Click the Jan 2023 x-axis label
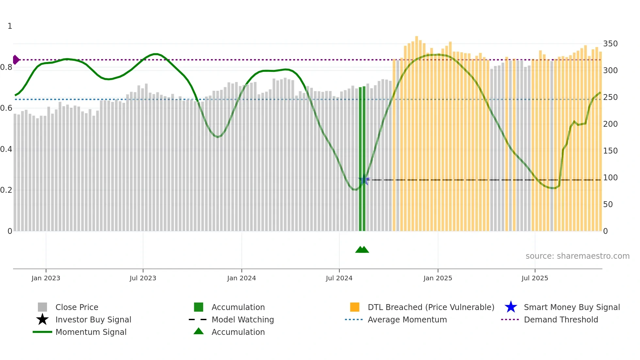pyautogui.click(x=46, y=278)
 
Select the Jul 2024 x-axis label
pyautogui.click(x=339, y=278)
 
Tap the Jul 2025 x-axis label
pyautogui.click(x=535, y=278)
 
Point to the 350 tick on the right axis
pyautogui.click(x=610, y=44)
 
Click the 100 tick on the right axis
pyautogui.click(x=610, y=178)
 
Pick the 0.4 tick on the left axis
pyautogui.click(x=6, y=149)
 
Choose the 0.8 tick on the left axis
pyautogui.click(x=6, y=67)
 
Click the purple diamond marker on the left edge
pyautogui.click(x=15, y=60)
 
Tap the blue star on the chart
pyautogui.click(x=364, y=180)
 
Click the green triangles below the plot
pyautogui.click(x=362, y=250)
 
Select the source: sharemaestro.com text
pyautogui.click(x=577, y=256)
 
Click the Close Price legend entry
pyautogui.click(x=77, y=307)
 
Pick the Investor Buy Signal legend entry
pyautogui.click(x=93, y=319)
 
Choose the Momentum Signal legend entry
pyautogui.click(x=91, y=332)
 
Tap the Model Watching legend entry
pyautogui.click(x=243, y=319)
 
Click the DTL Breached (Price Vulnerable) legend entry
pyautogui.click(x=431, y=307)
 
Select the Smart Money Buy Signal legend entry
pyautogui.click(x=572, y=307)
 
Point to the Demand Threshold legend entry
pyautogui.click(x=561, y=319)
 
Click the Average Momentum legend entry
pyautogui.click(x=407, y=319)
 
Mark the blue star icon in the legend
pyautogui.click(x=511, y=307)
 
